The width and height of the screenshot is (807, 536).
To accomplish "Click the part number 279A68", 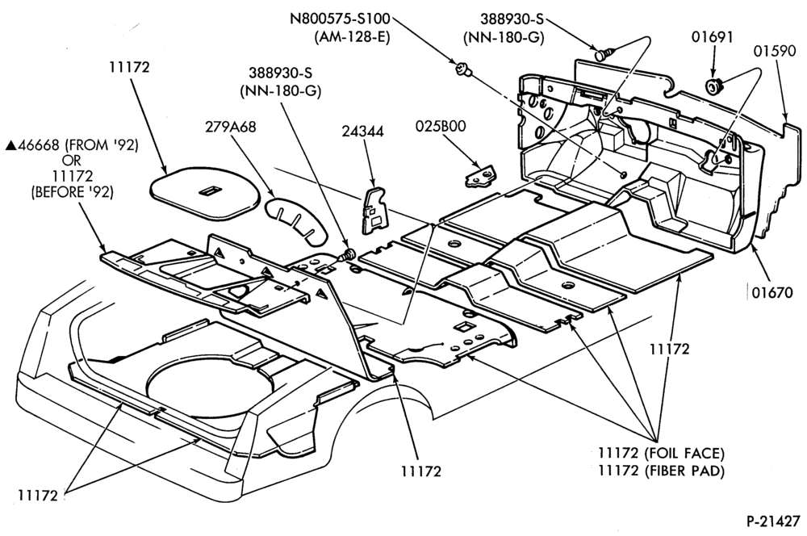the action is click(230, 127).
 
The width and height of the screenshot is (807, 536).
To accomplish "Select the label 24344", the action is click(363, 132).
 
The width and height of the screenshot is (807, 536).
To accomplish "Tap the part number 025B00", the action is click(441, 126).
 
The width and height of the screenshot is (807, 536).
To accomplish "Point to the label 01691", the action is click(713, 37).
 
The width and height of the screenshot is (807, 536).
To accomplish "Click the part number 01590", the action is click(776, 51).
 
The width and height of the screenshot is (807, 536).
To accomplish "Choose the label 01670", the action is click(773, 293).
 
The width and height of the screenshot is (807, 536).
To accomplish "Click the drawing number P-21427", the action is click(774, 521).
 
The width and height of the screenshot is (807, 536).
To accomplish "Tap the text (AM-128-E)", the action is click(352, 37).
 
